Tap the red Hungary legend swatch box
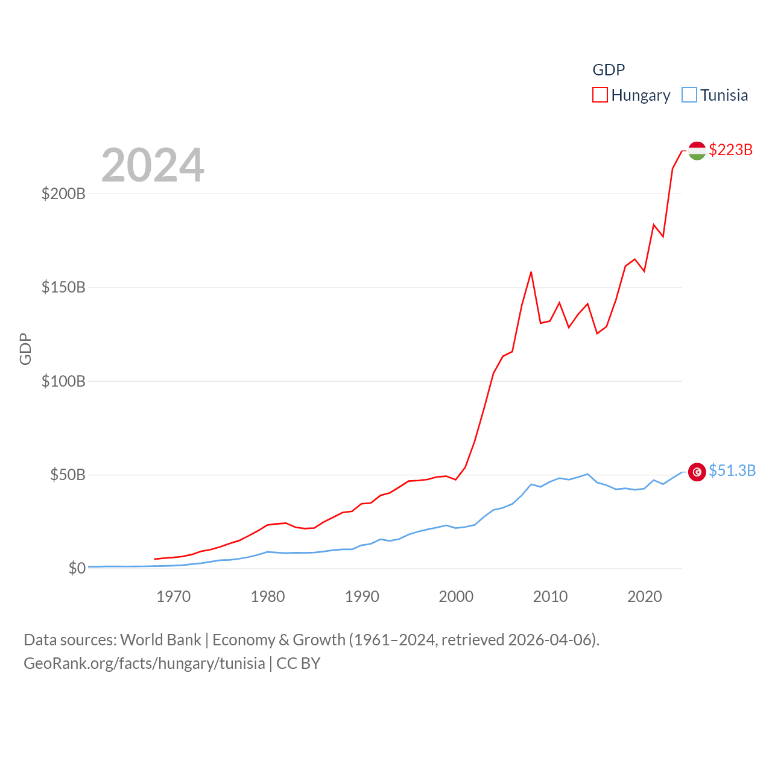pyautogui.click(x=600, y=95)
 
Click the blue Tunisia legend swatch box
pyautogui.click(x=689, y=95)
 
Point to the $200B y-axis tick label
pyautogui.click(x=63, y=194)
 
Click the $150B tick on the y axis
pyautogui.click(x=63, y=287)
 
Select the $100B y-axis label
pyautogui.click(x=63, y=381)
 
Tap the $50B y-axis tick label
pyautogui.click(x=68, y=475)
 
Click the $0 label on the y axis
pyautogui.click(x=77, y=568)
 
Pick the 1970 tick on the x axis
pyautogui.click(x=174, y=596)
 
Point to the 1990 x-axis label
pyautogui.click(x=362, y=596)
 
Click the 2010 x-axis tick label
pyautogui.click(x=550, y=596)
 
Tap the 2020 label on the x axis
pyautogui.click(x=645, y=596)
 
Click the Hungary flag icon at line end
pyautogui.click(x=697, y=151)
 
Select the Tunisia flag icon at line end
pyautogui.click(x=697, y=472)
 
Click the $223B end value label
pyautogui.click(x=731, y=150)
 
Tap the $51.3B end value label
pyautogui.click(x=732, y=470)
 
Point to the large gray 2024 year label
pyautogui.click(x=153, y=165)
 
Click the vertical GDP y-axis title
pyautogui.click(x=25, y=349)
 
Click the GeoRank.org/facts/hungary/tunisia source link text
pyautogui.click(x=144, y=663)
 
